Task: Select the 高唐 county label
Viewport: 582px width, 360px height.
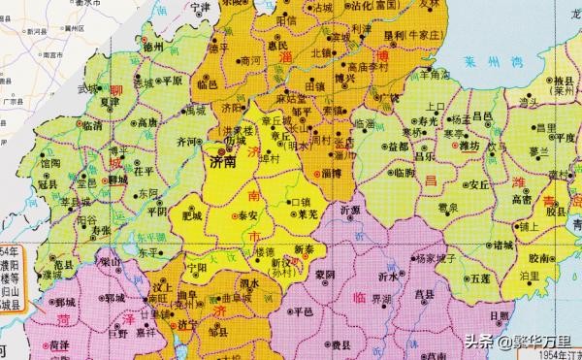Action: coord(147,123)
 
